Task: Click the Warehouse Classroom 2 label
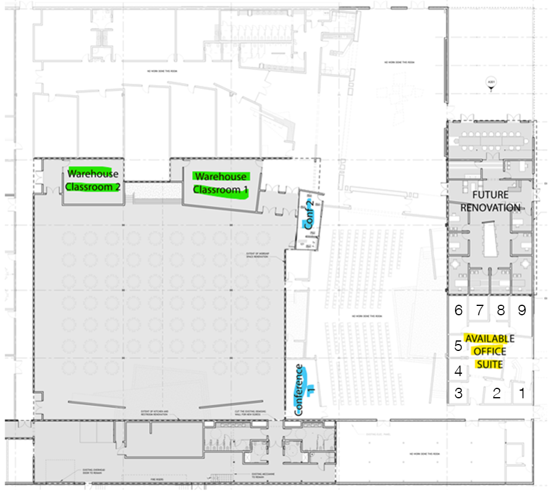click(93, 180)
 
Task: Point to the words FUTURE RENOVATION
click(489, 201)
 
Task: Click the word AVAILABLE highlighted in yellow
click(489, 339)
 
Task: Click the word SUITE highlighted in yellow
click(489, 364)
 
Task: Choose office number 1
click(522, 393)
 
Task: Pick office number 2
click(497, 393)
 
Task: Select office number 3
click(459, 393)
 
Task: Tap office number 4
click(459, 371)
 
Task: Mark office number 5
click(459, 345)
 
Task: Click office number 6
click(459, 310)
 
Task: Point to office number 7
click(480, 310)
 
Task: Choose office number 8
click(501, 310)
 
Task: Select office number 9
click(522, 310)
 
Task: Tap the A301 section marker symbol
click(491, 84)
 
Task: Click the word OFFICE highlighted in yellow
click(489, 352)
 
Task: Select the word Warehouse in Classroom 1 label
click(220, 176)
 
